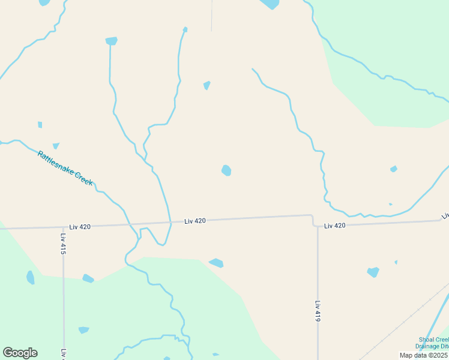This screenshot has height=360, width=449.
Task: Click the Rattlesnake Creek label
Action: click(x=65, y=168)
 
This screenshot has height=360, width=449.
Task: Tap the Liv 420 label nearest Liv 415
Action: click(x=80, y=227)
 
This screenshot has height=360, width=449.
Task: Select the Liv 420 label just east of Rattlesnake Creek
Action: click(x=195, y=221)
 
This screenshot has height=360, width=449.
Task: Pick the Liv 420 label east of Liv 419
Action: click(x=335, y=226)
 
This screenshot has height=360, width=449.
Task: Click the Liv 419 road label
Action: click(x=318, y=311)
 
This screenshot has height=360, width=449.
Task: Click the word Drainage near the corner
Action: click(x=432, y=347)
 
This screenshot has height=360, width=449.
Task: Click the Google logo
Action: click(x=20, y=353)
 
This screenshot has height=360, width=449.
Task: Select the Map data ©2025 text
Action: click(x=423, y=355)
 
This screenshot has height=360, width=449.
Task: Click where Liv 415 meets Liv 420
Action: click(x=63, y=227)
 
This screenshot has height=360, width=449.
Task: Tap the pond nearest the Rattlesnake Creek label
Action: click(x=56, y=146)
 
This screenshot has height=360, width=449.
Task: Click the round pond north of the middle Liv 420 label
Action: click(x=226, y=170)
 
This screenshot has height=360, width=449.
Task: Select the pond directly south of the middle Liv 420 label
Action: click(x=216, y=263)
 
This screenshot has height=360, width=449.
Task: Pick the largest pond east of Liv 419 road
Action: click(x=373, y=272)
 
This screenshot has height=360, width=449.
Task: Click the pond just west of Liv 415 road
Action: click(x=31, y=277)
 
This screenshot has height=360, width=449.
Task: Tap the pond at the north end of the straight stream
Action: click(x=111, y=41)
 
